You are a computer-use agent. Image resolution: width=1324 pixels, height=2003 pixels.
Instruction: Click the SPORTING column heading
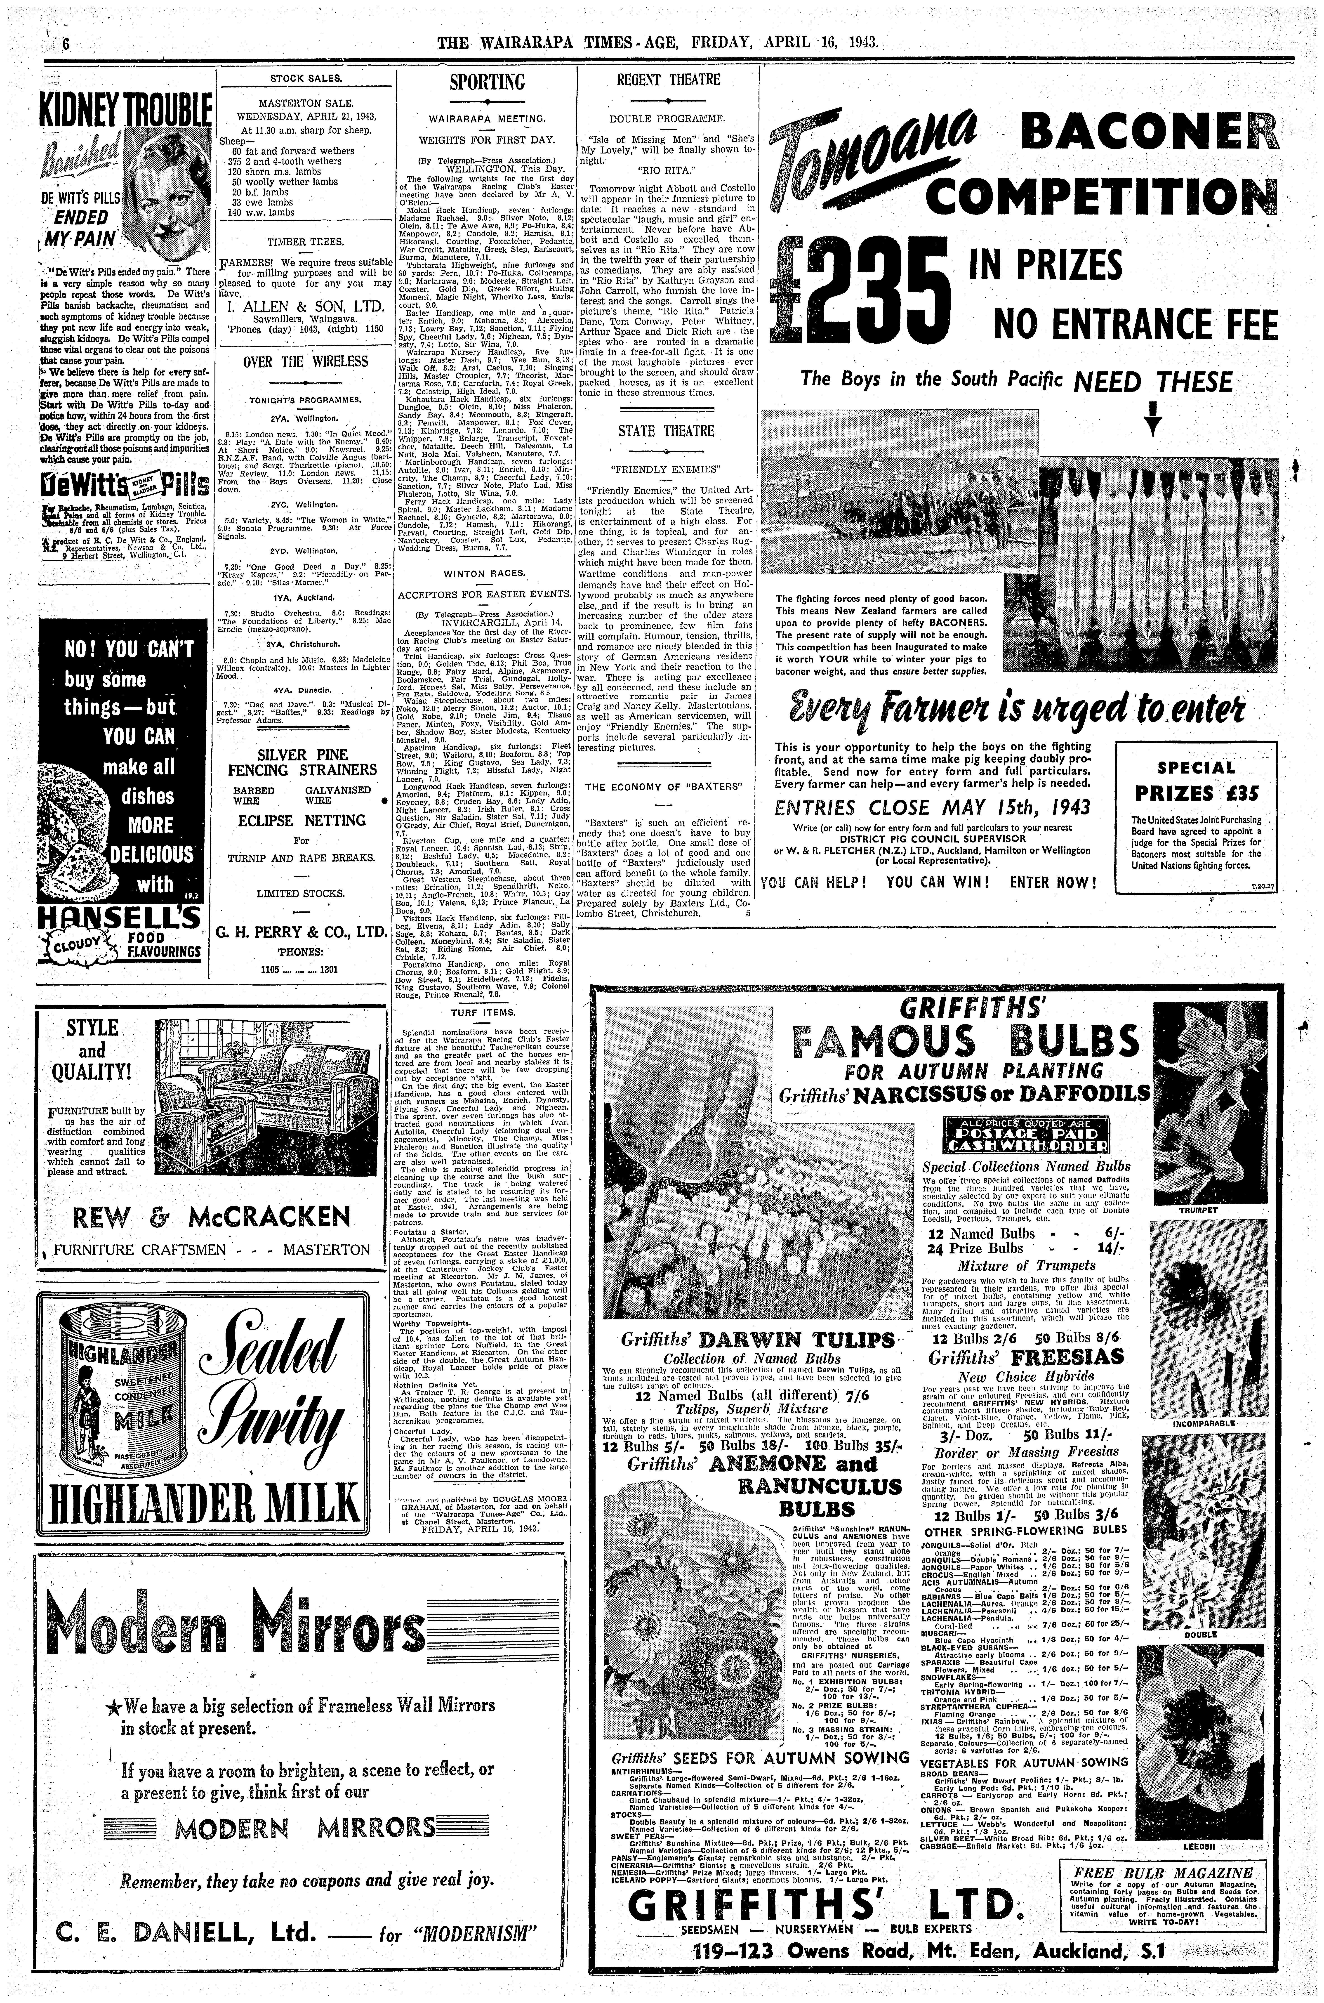point(487,83)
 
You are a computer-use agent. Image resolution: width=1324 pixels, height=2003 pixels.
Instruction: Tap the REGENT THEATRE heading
point(668,80)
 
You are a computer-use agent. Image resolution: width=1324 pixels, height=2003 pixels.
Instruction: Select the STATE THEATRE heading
point(666,432)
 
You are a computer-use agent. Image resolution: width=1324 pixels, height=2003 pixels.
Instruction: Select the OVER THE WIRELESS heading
point(306,361)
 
